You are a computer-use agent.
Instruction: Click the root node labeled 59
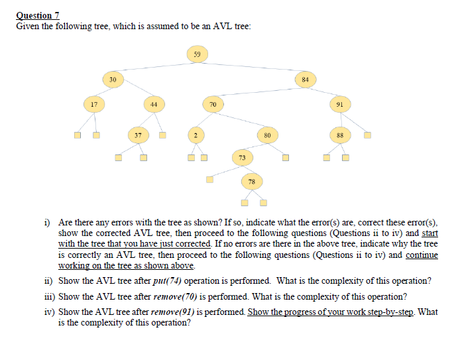pos(198,53)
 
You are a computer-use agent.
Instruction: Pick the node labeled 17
pos(93,104)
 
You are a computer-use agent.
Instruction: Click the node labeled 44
pos(153,104)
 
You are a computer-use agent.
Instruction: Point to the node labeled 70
pos(213,104)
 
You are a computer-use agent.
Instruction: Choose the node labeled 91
pos(339,104)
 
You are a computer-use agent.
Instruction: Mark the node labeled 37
pos(137,135)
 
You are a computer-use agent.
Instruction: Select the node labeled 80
pos(267,135)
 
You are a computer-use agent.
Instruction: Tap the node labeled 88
pos(339,135)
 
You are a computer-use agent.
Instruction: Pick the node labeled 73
pos(242,157)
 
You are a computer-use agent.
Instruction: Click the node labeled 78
pos(251,180)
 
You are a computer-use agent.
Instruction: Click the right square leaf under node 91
pos(367,136)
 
